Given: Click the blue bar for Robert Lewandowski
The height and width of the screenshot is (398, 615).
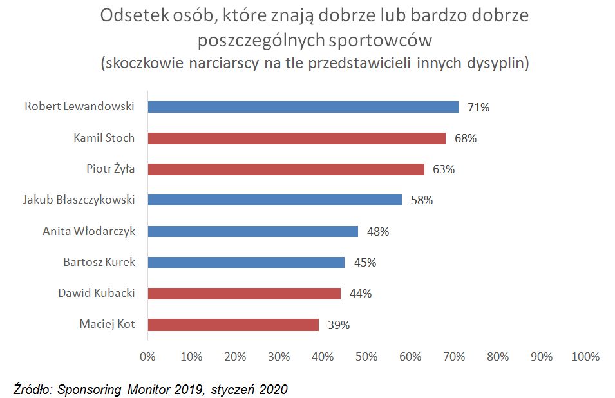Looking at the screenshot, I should tap(303, 107).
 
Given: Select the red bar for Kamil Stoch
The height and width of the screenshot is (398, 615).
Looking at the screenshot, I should tap(296, 138).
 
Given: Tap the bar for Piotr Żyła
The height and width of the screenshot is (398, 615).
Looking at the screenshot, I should tap(286, 169).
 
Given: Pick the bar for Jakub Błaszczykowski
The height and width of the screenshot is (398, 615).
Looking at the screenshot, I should tap(274, 200).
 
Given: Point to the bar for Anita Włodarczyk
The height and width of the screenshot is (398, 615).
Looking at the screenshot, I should tap(252, 231).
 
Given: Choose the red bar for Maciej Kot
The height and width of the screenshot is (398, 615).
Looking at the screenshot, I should tap(233, 325).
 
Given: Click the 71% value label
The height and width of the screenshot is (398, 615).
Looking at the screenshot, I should tap(478, 108).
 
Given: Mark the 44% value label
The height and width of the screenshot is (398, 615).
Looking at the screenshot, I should tap(361, 294).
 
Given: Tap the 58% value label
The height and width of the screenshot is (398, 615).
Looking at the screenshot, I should tap(422, 200).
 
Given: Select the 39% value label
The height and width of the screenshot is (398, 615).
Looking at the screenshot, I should tap(339, 325).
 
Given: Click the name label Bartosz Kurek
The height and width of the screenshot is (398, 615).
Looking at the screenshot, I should tap(99, 262).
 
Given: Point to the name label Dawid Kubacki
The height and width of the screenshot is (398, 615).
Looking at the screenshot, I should tap(97, 293).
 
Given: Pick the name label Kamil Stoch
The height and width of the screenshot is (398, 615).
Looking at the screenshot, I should tap(104, 138).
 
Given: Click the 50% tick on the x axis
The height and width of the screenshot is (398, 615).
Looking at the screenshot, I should tap(366, 357).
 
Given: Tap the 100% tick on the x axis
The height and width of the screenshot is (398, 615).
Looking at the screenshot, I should tap(585, 357).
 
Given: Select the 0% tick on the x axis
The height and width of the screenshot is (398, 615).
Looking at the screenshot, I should tap(147, 357).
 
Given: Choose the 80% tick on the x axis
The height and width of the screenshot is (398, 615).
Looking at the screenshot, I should tap(498, 357).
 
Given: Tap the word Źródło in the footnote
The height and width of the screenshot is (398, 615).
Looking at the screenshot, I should tap(33, 389).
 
